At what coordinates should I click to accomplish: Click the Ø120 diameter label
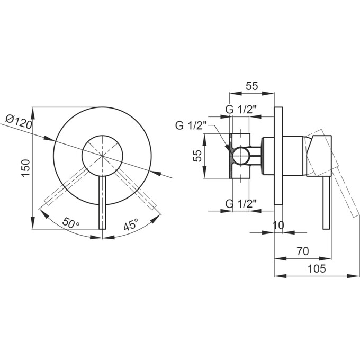tap(19, 122)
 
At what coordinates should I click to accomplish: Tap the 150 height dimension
tap(26, 168)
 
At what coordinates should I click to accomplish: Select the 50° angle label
tap(70, 222)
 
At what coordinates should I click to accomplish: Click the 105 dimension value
tap(317, 268)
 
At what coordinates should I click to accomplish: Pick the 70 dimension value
tap(303, 251)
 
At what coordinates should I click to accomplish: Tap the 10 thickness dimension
tap(278, 225)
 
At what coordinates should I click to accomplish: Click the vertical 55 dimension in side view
tap(197, 156)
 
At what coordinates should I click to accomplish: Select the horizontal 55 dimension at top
tap(252, 86)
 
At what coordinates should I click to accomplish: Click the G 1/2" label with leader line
tap(191, 125)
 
